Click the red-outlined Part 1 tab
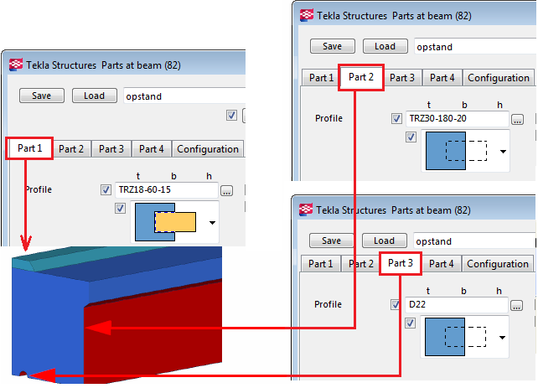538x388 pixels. (x=29, y=149)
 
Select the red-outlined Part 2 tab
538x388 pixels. (x=361, y=77)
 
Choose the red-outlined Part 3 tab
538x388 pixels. (x=401, y=263)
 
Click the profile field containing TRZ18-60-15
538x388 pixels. (x=165, y=190)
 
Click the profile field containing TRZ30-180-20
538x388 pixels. (x=457, y=118)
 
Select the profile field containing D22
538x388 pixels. (x=457, y=304)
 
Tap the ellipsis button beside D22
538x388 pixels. (x=518, y=305)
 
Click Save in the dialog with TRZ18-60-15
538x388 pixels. (x=42, y=96)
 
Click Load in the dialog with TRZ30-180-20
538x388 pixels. (x=385, y=47)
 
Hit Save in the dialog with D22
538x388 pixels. (x=332, y=241)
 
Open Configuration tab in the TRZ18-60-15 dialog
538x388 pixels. (x=208, y=149)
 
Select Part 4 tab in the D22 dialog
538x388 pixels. (x=442, y=264)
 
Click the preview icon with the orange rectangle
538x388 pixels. (x=164, y=222)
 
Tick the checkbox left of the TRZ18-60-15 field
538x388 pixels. (x=106, y=190)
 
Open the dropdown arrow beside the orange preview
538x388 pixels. (x=213, y=223)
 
